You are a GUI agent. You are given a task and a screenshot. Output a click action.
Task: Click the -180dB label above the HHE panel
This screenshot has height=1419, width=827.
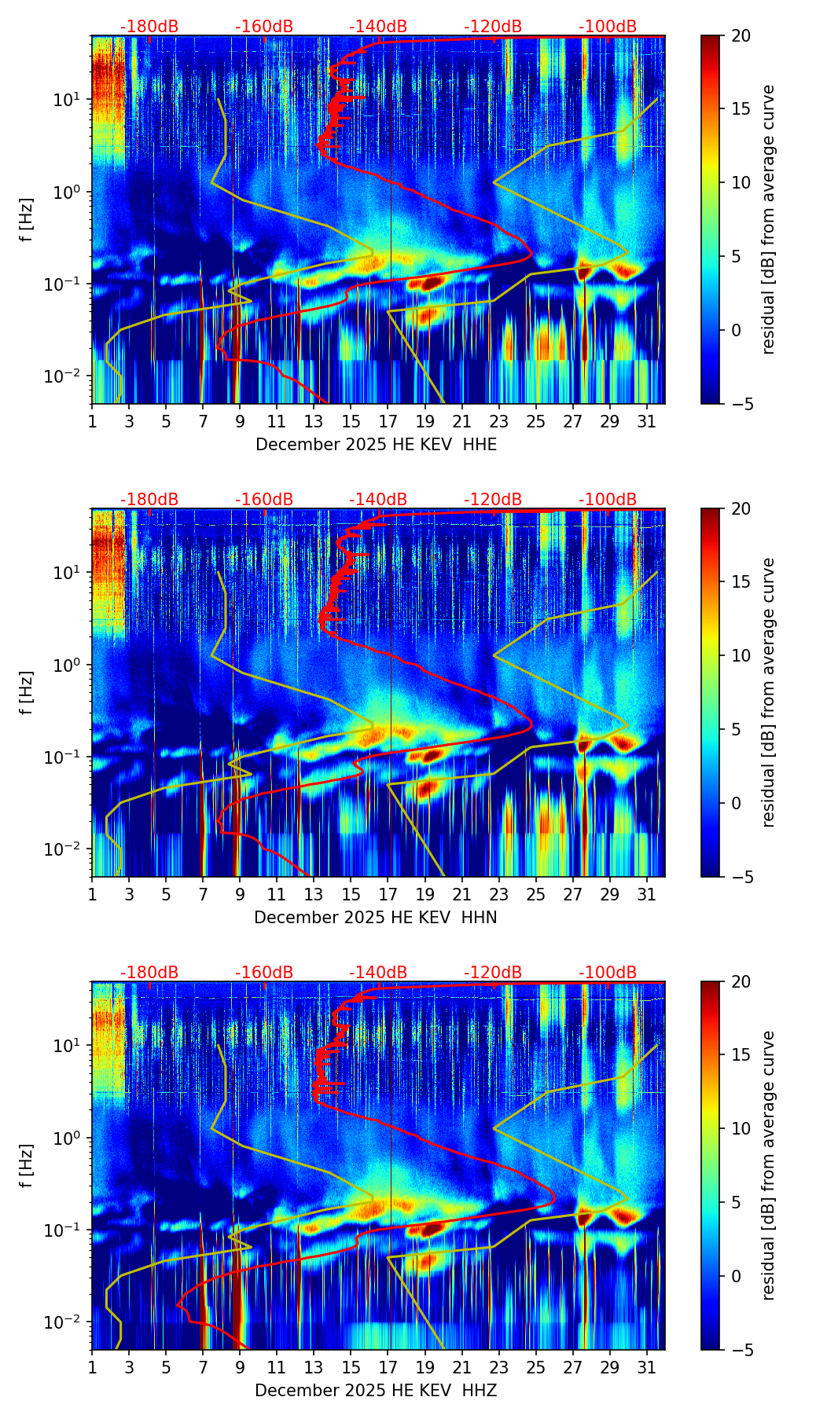[149, 27]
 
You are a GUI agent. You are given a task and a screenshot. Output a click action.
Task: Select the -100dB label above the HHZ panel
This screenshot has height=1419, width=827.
[608, 973]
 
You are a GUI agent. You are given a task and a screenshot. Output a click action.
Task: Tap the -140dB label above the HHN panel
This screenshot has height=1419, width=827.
[378, 500]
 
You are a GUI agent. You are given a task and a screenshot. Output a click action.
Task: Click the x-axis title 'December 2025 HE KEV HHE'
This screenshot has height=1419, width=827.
[376, 445]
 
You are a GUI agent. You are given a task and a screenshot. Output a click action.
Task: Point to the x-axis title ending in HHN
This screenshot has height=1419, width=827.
[375, 918]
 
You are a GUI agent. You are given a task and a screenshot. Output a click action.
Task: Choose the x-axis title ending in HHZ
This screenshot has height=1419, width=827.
[376, 1391]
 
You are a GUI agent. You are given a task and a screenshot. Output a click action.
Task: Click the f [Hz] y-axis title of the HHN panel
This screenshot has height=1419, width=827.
[28, 692]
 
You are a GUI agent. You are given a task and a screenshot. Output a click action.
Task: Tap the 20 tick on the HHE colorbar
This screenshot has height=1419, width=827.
[741, 36]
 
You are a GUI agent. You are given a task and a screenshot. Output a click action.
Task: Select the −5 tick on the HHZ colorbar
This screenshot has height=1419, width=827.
[741, 1350]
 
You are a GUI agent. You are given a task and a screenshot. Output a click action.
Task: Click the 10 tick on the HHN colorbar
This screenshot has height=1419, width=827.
[741, 655]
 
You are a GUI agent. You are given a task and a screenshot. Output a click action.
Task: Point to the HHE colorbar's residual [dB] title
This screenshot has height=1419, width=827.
[768, 220]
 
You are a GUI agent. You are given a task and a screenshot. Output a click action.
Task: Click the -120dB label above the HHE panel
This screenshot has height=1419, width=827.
[493, 27]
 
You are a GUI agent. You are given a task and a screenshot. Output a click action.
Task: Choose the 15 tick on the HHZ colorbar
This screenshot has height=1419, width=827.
[741, 1055]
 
